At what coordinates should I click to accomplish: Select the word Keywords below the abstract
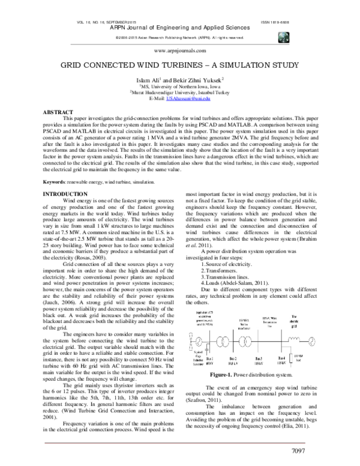coord(57,181)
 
